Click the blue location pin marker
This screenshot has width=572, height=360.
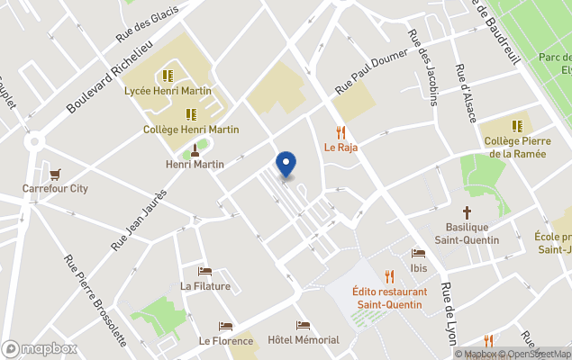(286, 164)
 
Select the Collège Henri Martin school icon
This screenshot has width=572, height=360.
(191, 114)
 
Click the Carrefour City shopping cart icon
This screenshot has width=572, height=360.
(56, 174)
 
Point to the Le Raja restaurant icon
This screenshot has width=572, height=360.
(340, 131)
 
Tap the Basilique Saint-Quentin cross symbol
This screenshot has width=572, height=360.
(467, 213)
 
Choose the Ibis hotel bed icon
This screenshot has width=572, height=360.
(417, 254)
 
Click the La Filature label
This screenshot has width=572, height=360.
(205, 286)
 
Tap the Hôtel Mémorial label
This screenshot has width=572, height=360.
(304, 340)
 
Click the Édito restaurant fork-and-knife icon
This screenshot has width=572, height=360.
(389, 276)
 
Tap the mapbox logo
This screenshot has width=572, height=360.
(40, 348)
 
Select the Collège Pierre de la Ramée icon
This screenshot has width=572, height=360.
(517, 126)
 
